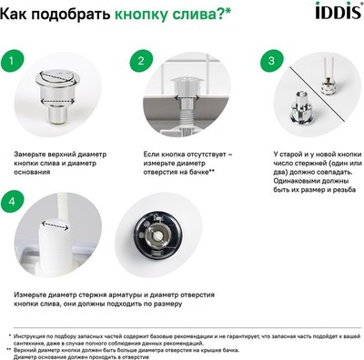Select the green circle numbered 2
pyautogui.click(x=140, y=62)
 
